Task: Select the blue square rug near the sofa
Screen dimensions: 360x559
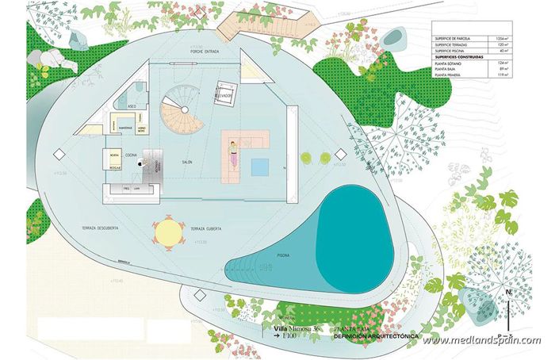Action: pyautogui.click(x=259, y=167)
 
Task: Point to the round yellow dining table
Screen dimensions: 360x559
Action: pyautogui.click(x=168, y=232)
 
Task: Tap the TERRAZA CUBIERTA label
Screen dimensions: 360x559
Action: pyautogui.click(x=205, y=228)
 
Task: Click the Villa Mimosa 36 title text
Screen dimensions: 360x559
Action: pyautogui.click(x=299, y=327)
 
